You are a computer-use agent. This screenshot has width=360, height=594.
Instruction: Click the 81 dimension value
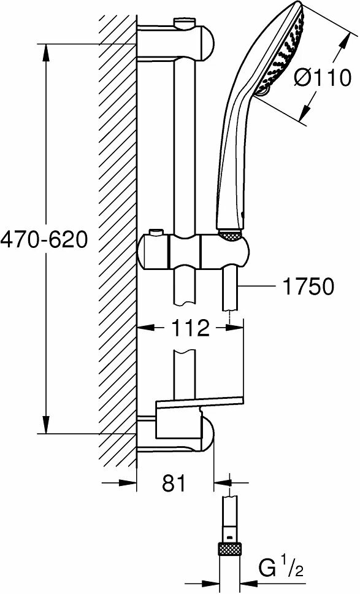click(x=174, y=483)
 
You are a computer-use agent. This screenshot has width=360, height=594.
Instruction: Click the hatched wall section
click(x=117, y=245)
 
